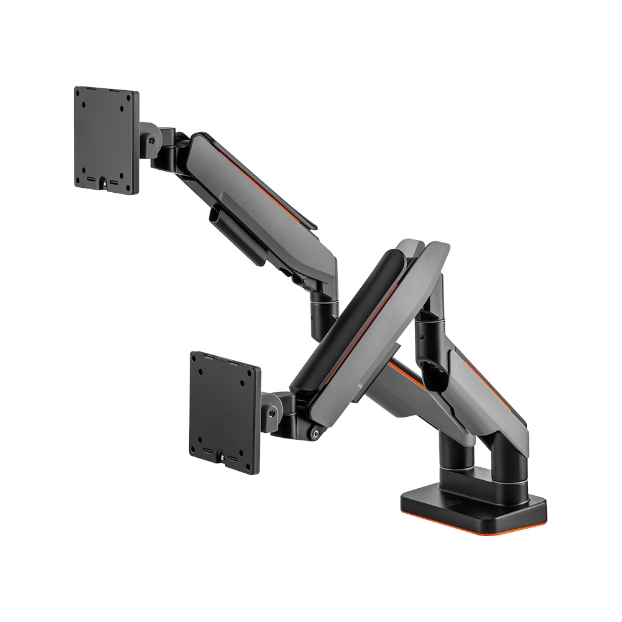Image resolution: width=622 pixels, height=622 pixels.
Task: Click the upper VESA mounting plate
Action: [x=106, y=140]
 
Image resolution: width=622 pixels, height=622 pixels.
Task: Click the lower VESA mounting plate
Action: [x=225, y=405]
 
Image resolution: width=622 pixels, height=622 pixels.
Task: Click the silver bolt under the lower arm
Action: [x=317, y=434]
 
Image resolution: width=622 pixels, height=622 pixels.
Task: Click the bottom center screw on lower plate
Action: [x=223, y=459]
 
